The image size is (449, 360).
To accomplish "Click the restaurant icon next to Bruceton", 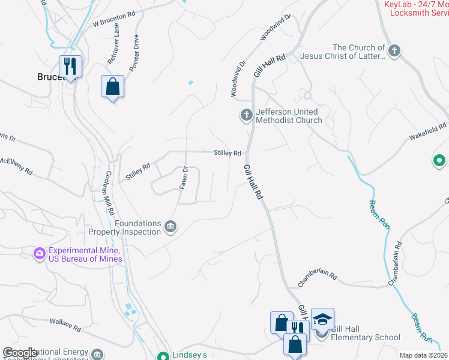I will click(x=70, y=66).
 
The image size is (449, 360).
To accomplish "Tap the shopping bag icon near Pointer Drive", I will click(x=112, y=86).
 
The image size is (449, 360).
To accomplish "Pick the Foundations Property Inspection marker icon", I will click(x=170, y=227).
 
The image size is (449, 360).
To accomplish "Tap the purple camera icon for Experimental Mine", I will click(x=40, y=254).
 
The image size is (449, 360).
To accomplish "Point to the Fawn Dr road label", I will click(x=184, y=178).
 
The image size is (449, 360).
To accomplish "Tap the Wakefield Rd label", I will click(x=428, y=132).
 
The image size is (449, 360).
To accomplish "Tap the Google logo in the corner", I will click(x=20, y=353).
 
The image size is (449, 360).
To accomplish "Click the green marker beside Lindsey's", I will click(x=162, y=355).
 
